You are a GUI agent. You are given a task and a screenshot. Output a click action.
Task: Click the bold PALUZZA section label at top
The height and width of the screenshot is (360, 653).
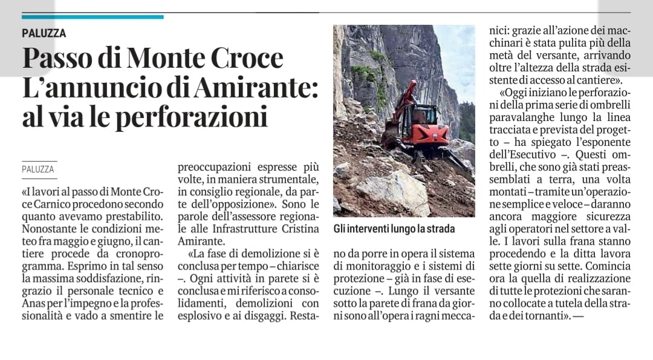click(x=44, y=33)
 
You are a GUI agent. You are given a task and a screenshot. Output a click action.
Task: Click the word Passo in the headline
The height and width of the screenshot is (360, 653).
click(x=62, y=59)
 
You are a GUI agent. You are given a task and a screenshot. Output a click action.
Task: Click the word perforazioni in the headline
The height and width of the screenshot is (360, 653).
click(x=192, y=117)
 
